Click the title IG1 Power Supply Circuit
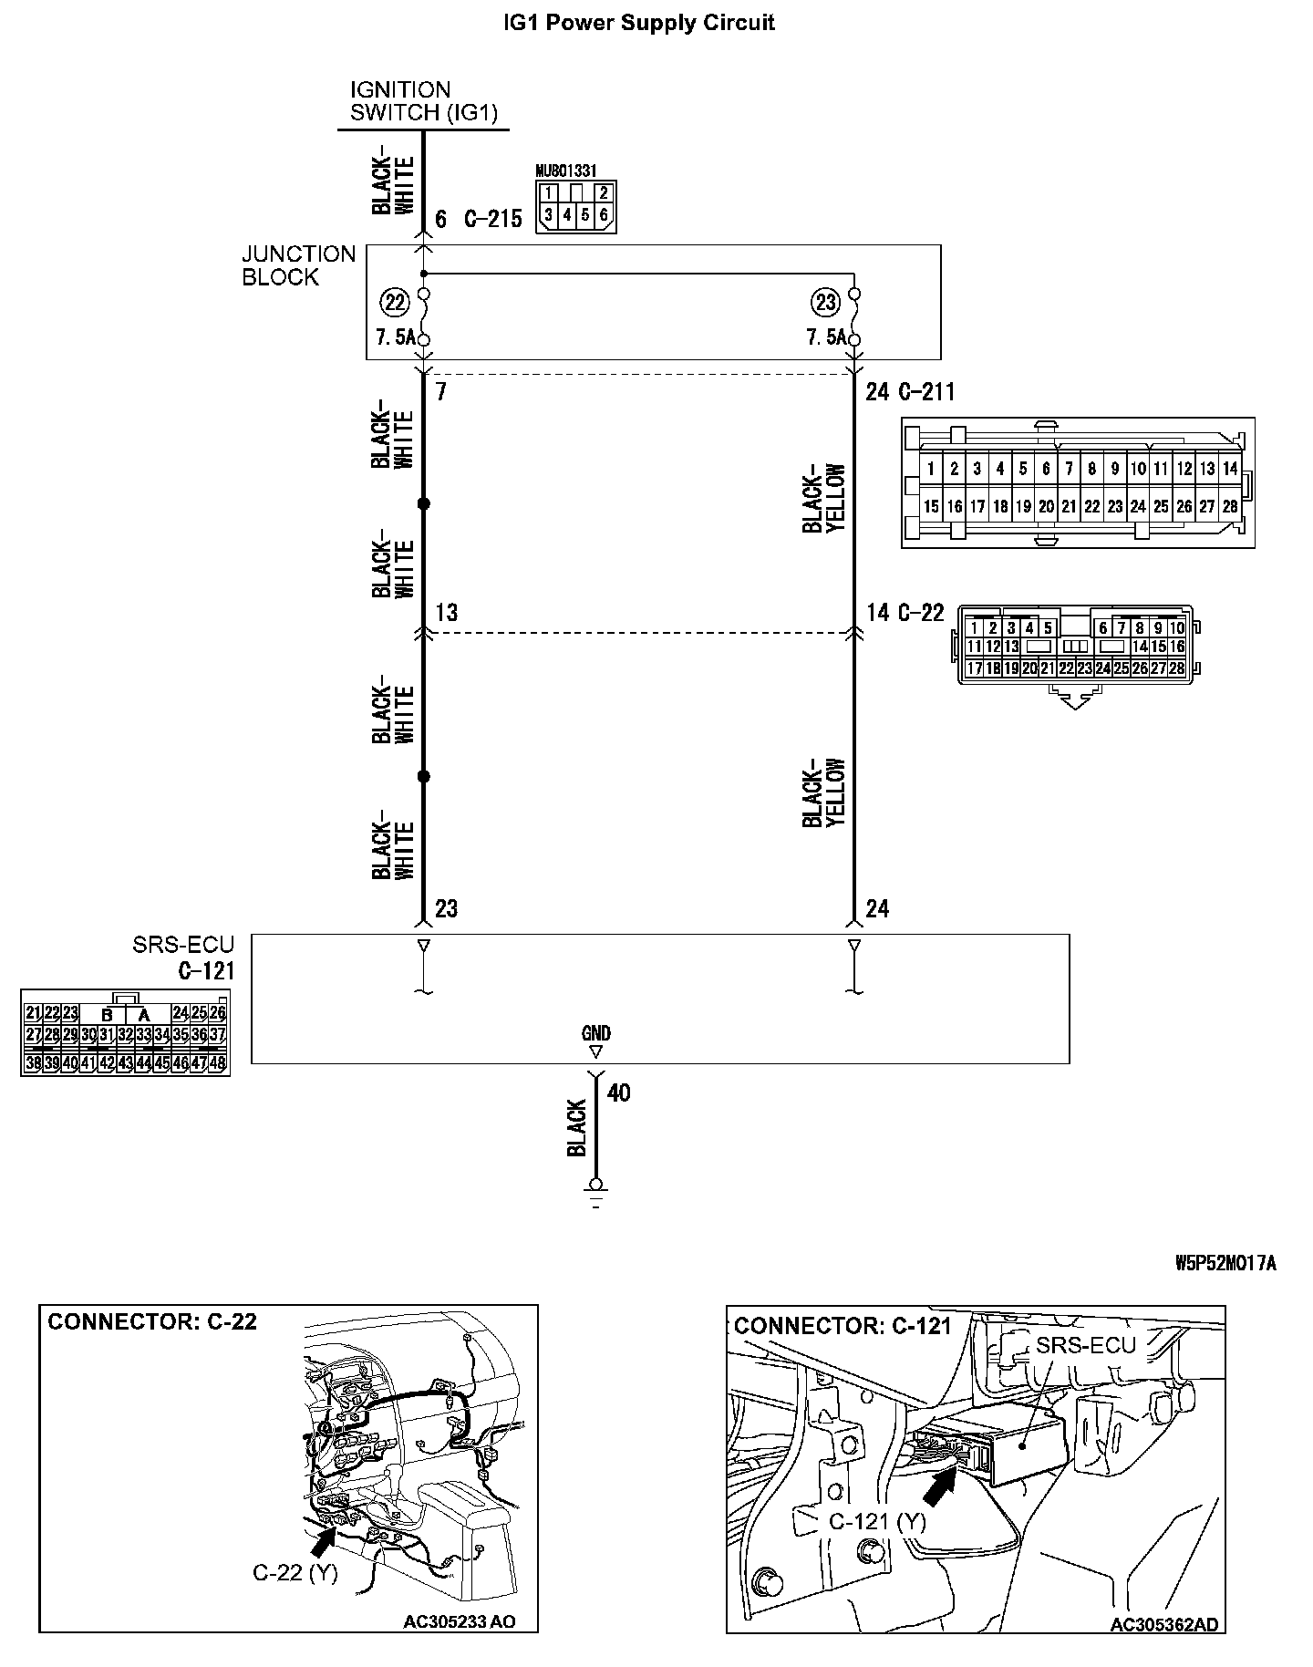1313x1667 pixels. click(639, 23)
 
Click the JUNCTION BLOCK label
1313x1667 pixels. click(298, 265)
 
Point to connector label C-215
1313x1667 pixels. click(493, 219)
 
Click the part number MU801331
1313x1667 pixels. click(566, 171)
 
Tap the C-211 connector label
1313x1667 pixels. click(926, 392)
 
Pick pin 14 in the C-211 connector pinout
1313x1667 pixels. click(1230, 470)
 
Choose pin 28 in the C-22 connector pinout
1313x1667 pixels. click(1176, 668)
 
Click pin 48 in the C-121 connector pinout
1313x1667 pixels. click(217, 1063)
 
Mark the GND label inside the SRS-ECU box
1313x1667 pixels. click(595, 1033)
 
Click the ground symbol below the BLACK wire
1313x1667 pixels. click(596, 1194)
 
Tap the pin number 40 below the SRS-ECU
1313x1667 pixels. click(618, 1092)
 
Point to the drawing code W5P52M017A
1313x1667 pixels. click(1225, 1263)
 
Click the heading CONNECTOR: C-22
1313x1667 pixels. click(152, 1322)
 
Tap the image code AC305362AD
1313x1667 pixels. click(1163, 1624)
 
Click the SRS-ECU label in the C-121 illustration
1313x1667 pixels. click(1085, 1345)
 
